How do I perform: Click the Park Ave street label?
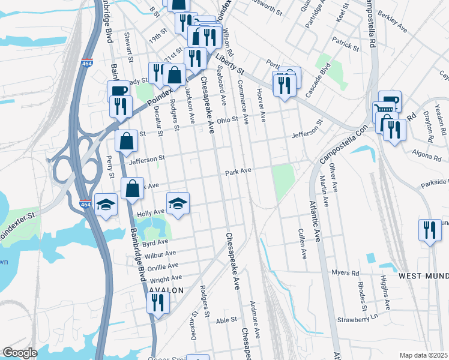click(x=238, y=172)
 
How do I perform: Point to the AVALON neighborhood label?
click(x=165, y=290)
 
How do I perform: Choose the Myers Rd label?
click(x=345, y=272)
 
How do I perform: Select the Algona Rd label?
click(x=427, y=157)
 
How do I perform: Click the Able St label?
click(x=226, y=320)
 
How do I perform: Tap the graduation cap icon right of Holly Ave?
click(x=178, y=204)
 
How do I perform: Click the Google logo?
click(x=20, y=353)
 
